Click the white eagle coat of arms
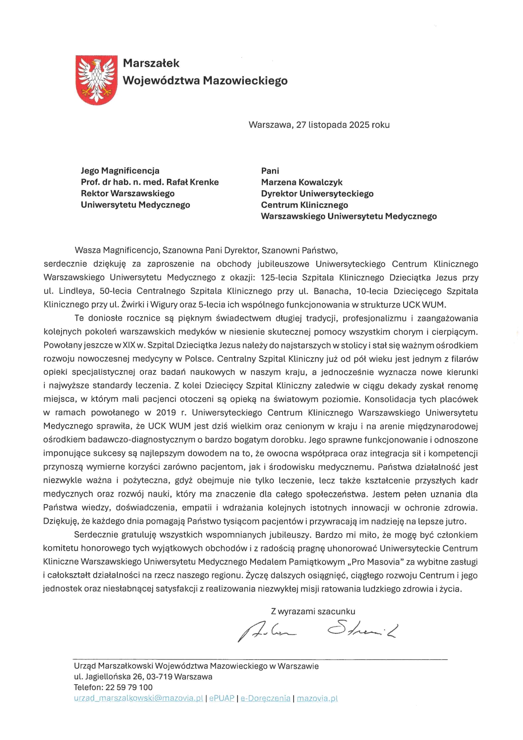click(x=96, y=80)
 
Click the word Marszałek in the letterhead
click(x=151, y=63)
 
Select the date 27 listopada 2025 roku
click(x=342, y=125)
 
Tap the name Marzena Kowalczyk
click(x=302, y=182)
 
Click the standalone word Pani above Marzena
click(x=270, y=171)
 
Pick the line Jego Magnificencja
click(x=120, y=171)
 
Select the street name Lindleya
click(x=76, y=291)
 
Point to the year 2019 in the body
click(x=166, y=413)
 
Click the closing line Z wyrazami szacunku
click(x=313, y=611)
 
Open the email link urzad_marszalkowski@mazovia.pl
click(x=139, y=698)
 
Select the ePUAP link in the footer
click(x=222, y=698)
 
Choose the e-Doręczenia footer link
click(x=265, y=698)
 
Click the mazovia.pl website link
click(x=317, y=698)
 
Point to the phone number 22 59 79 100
click(x=129, y=687)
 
